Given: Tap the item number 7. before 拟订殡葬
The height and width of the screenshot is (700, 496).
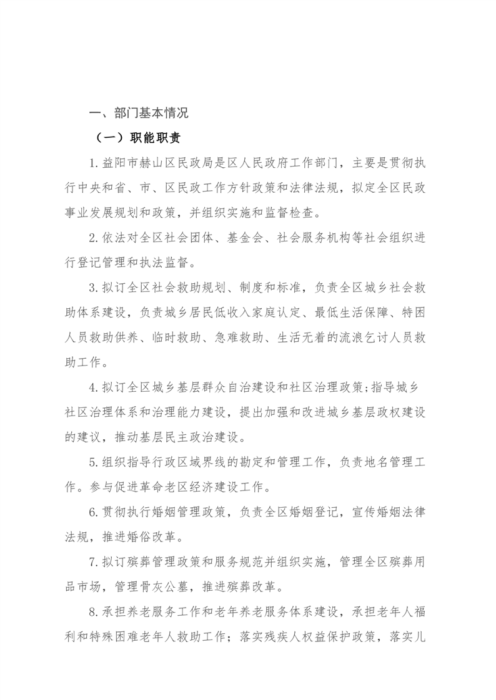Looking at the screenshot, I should coord(94,563).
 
